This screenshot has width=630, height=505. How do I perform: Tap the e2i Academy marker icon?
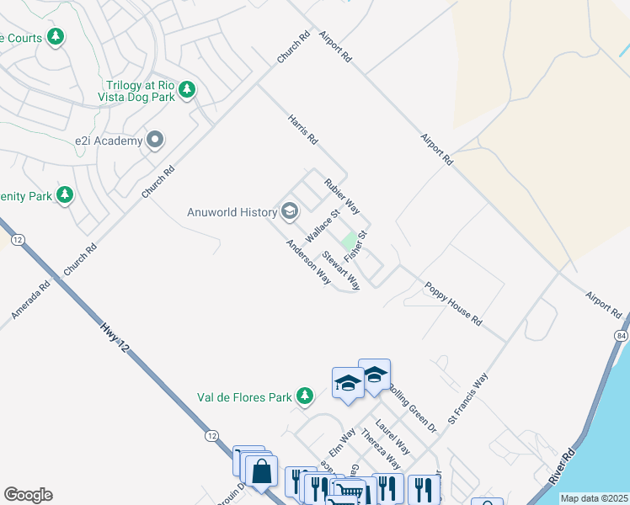click(155, 141)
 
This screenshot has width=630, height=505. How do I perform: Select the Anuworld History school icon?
click(290, 211)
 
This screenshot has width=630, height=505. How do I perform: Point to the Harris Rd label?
click(302, 129)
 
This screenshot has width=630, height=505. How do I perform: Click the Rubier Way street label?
click(342, 194)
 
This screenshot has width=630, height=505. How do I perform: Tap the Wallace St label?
click(322, 226)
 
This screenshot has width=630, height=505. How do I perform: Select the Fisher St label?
click(356, 245)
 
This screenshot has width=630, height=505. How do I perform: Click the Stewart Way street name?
click(341, 268)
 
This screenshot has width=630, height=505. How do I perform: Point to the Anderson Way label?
click(308, 261)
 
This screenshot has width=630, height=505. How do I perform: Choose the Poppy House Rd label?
click(453, 304)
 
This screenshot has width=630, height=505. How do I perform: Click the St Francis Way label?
click(468, 397)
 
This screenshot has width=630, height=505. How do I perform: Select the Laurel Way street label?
click(393, 436)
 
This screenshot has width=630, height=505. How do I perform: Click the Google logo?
click(28, 495)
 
